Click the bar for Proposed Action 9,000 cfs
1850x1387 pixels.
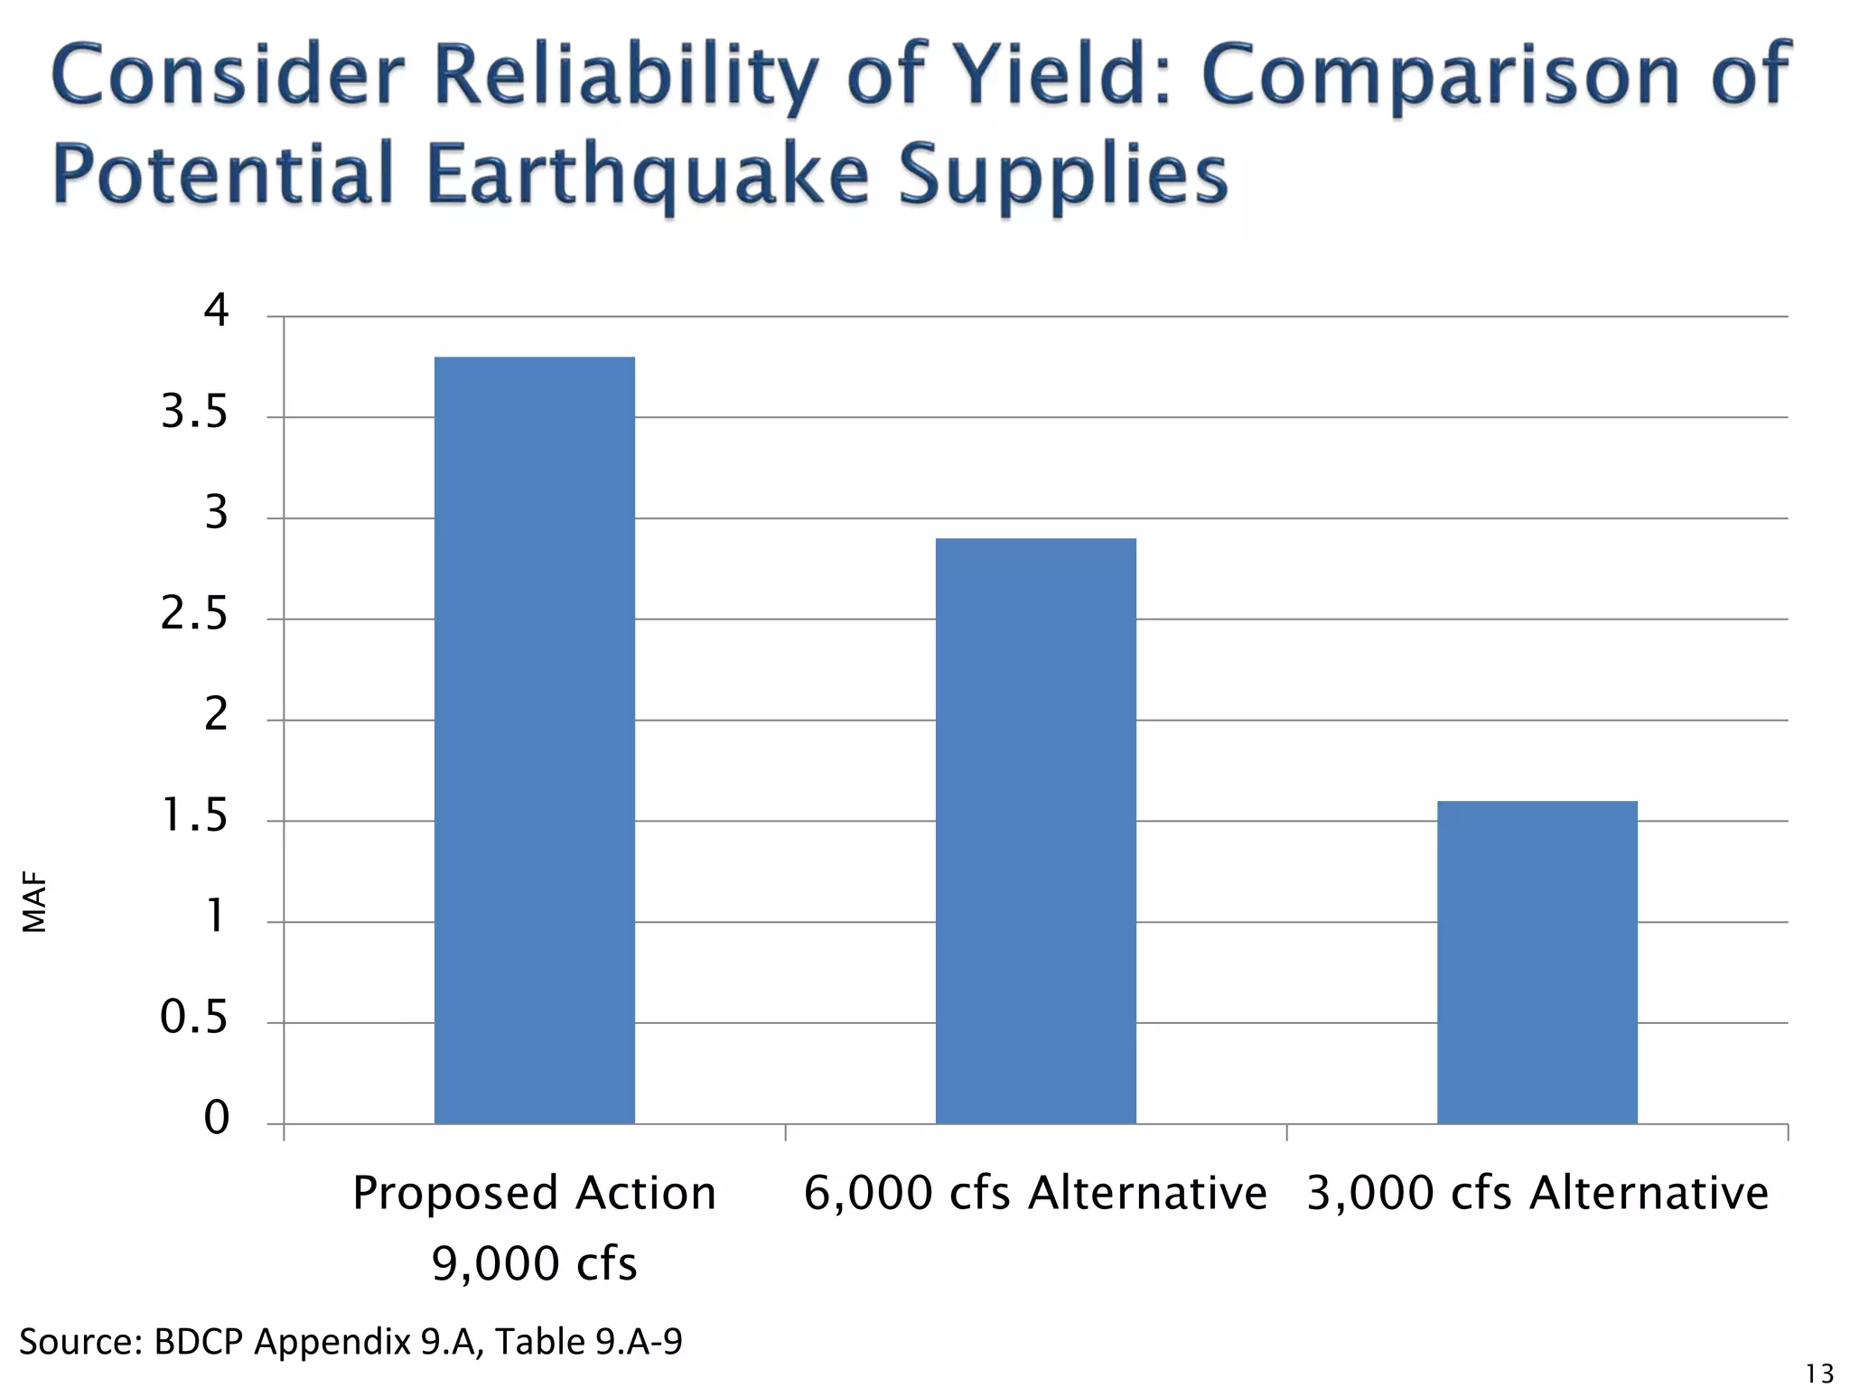(x=534, y=740)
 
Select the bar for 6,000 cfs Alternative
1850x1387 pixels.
(x=1035, y=831)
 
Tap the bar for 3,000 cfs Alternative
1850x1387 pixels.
(x=1537, y=962)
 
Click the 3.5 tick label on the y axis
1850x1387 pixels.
(x=194, y=413)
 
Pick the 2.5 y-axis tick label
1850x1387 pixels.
(x=194, y=615)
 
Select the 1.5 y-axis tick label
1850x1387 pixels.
(x=194, y=816)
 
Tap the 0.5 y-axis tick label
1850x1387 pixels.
(x=194, y=1018)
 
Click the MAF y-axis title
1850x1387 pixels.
(x=34, y=902)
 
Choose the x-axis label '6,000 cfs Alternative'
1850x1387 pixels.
(x=1035, y=1193)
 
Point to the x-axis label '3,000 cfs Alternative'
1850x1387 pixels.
(x=1537, y=1193)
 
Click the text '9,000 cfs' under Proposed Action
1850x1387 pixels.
(x=534, y=1263)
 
